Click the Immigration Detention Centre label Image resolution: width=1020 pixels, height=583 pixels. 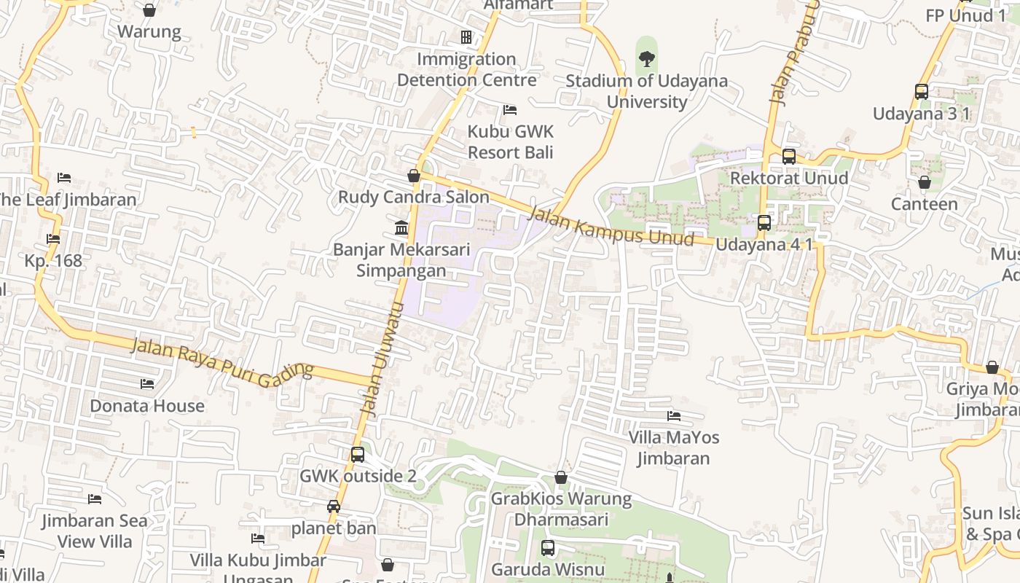466,69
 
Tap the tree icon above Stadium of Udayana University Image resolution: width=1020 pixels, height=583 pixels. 646,58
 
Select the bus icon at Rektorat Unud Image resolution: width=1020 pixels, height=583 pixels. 789,156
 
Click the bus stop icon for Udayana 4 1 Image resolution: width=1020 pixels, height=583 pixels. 764,223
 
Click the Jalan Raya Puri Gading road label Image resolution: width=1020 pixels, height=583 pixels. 222,361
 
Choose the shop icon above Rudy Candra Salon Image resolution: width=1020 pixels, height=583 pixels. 414,176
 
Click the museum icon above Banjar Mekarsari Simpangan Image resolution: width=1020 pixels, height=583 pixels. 401,228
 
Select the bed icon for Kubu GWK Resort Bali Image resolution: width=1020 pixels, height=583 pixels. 510,110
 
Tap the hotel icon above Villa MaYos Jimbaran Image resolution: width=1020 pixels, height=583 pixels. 674,416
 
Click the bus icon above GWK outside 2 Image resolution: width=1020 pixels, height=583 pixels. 358,455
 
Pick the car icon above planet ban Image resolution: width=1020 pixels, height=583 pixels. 334,506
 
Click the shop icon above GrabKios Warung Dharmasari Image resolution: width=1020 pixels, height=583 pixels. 561,477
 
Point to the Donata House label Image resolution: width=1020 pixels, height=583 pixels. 147,406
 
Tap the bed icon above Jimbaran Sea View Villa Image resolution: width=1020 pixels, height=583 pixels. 95,499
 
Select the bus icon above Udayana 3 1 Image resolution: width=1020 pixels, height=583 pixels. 922,92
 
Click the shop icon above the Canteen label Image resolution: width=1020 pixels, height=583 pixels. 925,182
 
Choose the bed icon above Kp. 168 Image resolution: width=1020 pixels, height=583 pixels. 53,239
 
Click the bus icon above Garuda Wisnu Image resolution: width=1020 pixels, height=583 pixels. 548,548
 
